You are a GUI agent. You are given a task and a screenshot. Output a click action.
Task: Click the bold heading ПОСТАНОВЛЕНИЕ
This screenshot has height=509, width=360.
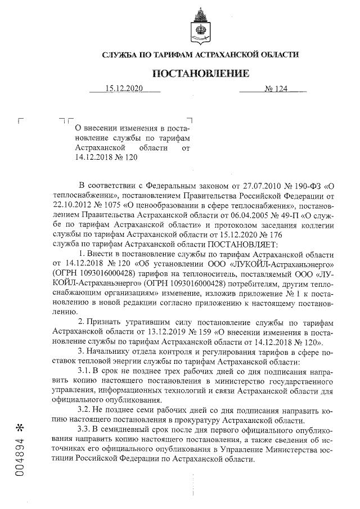(x=200, y=74)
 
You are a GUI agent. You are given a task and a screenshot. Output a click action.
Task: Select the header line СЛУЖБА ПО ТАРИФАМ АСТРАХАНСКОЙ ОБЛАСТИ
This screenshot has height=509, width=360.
(x=200, y=55)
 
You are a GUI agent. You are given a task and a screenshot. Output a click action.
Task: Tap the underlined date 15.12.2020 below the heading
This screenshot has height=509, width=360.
(x=125, y=89)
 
